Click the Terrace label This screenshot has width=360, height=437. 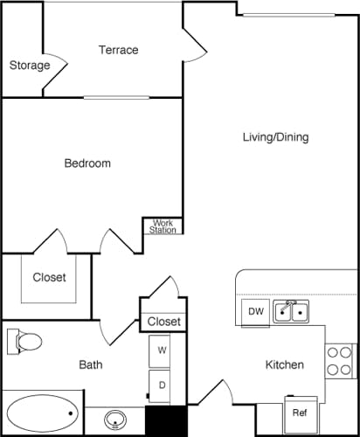(118, 50)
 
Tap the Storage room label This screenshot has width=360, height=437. (28, 66)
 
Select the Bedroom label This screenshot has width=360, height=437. (87, 163)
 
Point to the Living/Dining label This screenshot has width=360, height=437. (275, 137)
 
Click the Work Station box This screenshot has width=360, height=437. (163, 225)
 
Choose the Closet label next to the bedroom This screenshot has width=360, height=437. (49, 278)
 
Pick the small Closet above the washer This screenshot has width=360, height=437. (163, 322)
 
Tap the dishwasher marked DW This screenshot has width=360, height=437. (255, 311)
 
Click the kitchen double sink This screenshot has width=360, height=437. (290, 311)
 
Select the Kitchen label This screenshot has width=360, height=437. (285, 364)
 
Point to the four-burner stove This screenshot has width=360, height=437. (339, 360)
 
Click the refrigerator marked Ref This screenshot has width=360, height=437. (299, 413)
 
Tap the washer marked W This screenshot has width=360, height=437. (162, 350)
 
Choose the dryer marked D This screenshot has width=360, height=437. (162, 384)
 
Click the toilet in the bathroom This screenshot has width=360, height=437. (28, 340)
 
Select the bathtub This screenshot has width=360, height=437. (42, 413)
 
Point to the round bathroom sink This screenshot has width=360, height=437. (114, 420)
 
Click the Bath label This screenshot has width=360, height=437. (91, 364)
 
